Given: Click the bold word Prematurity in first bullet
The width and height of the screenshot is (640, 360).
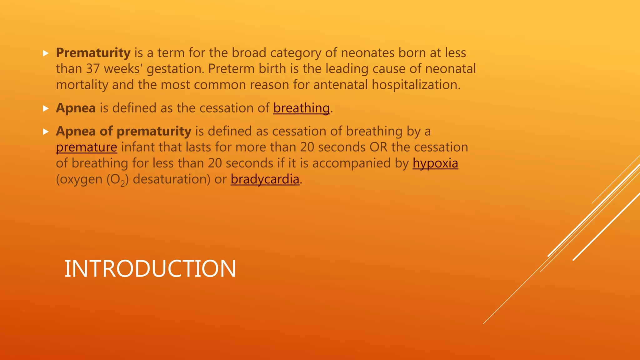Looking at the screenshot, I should pos(93,53).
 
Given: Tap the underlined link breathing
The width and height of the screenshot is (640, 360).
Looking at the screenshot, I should pos(301,108).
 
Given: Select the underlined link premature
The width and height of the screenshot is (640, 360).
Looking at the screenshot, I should pos(87,147).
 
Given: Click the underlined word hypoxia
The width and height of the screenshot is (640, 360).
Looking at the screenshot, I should pos(435,163).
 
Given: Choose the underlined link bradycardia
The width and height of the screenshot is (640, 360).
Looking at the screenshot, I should pos(265,179).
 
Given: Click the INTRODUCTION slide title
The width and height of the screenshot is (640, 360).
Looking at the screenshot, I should pos(150,269).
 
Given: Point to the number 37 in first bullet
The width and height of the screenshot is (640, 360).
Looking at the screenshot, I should pos(93,69).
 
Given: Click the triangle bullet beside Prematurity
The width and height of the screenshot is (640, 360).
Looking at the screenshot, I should pos(46,53).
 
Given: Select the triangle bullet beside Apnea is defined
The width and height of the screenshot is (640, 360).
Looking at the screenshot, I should pos(46,108).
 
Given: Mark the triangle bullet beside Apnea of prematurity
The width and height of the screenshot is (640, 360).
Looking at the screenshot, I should pos(46,132).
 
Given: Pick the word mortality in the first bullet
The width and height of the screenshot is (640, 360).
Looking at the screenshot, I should pos(82,85).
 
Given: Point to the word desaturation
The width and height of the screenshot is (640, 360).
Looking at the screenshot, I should pos(172,179).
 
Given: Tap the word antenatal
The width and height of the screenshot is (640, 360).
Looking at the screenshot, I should pos(340,85).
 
